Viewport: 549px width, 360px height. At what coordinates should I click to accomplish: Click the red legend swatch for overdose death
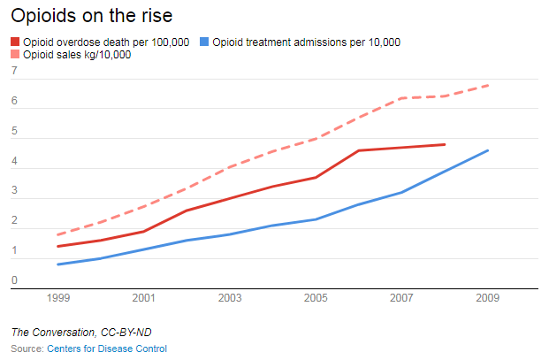click(16, 42)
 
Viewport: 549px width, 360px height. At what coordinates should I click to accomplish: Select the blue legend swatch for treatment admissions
click(205, 42)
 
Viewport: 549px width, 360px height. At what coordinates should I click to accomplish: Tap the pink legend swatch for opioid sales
click(16, 55)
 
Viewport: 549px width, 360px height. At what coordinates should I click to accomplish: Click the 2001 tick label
click(144, 298)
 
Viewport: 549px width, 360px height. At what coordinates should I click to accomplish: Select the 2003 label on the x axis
click(230, 298)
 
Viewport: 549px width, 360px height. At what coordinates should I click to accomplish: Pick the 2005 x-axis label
click(316, 298)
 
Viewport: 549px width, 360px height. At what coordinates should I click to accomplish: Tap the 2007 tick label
click(402, 298)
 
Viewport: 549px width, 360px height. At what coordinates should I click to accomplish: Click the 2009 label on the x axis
click(488, 298)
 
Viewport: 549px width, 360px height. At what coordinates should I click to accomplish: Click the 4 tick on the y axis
click(15, 162)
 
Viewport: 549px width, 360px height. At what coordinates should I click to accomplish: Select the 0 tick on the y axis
click(15, 282)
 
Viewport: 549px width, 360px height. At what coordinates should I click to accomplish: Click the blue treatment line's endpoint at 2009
click(488, 150)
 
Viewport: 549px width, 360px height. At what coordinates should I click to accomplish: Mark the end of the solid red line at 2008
click(445, 144)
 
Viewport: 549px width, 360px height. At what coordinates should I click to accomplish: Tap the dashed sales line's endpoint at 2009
click(488, 85)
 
